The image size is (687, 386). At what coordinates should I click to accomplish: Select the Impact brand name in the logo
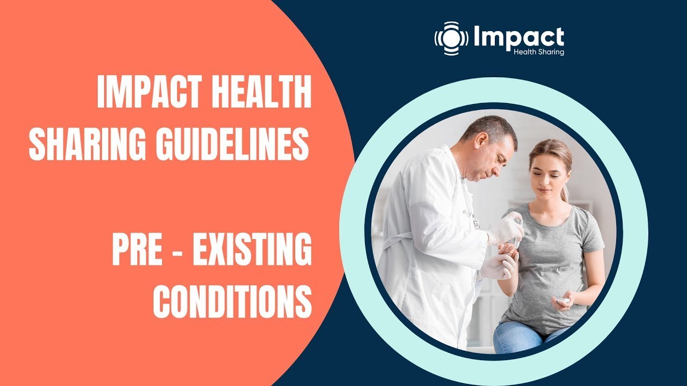(518, 36)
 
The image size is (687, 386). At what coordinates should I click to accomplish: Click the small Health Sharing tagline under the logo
(538, 53)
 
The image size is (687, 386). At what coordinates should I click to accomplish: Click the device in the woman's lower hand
(562, 301)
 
